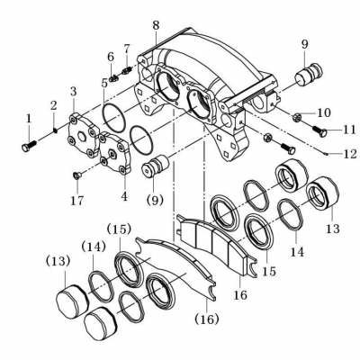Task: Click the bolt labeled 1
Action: pyautogui.click(x=29, y=145)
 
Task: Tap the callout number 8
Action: pyautogui.click(x=156, y=25)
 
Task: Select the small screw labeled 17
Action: pyautogui.click(x=76, y=175)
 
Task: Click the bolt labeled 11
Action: pyautogui.click(x=319, y=130)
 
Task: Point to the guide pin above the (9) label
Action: pyautogui.click(x=156, y=166)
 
